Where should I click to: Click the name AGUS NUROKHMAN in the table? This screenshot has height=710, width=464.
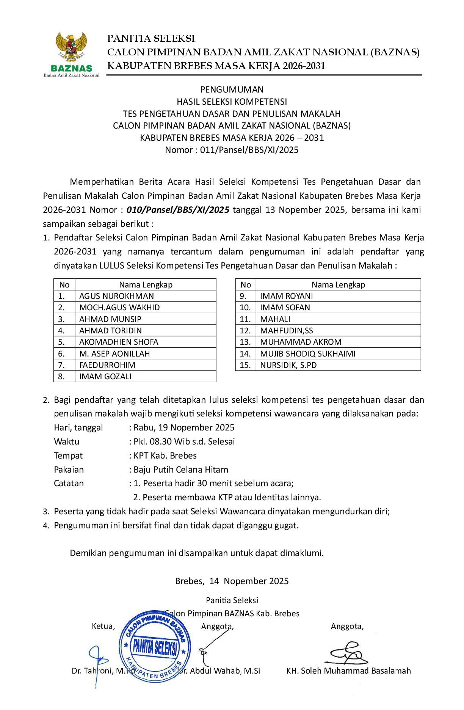[x=116, y=296]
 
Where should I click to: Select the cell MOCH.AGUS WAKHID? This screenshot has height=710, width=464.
[x=119, y=308]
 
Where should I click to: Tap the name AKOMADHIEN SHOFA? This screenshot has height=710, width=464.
[x=119, y=342]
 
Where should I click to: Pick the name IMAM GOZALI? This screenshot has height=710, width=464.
[x=105, y=377]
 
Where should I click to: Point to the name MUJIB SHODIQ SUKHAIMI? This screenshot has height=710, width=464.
[x=307, y=354]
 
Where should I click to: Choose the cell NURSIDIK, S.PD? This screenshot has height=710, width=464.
[x=288, y=365]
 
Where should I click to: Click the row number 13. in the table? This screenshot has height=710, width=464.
[x=245, y=342]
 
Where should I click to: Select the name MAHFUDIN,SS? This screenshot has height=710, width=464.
[x=287, y=331]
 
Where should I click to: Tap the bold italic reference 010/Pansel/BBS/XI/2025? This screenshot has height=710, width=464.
[x=178, y=210]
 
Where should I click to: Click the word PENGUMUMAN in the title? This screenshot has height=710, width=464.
[x=232, y=90]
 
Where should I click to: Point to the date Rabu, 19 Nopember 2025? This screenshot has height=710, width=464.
[x=184, y=428]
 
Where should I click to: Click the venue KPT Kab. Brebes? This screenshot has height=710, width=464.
[x=165, y=456]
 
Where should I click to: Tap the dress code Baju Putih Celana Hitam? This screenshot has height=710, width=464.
[x=181, y=470]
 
